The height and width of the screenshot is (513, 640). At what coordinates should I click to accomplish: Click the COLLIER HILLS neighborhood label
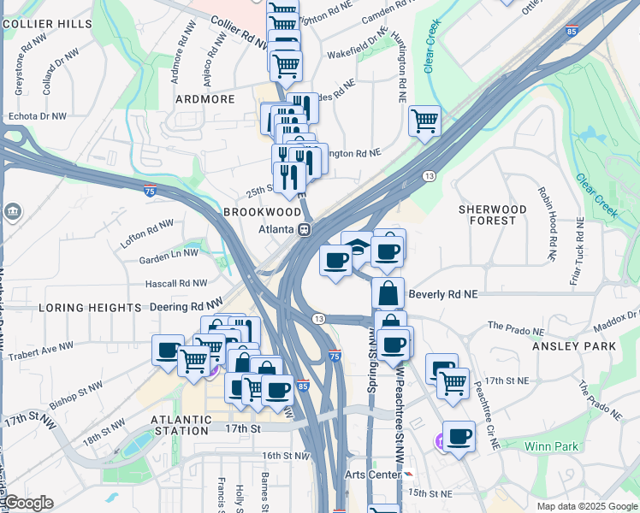coord(47,24)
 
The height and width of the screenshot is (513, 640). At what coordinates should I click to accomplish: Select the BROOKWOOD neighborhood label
coord(262,211)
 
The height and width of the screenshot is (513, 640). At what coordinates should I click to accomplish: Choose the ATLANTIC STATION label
coord(181,426)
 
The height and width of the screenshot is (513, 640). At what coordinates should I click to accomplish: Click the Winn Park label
coord(551,446)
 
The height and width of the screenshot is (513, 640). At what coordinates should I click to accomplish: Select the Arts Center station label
coord(372,475)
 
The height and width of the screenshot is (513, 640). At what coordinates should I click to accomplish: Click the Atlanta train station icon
coord(303,229)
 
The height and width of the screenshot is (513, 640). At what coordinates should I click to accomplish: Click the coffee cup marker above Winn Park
coord(459,436)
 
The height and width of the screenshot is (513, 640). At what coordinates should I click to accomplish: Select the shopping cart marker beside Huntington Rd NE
coord(424,121)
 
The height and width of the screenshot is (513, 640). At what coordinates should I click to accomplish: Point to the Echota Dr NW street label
coord(37,115)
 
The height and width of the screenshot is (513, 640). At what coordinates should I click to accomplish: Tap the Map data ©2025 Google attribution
coord(586,506)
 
